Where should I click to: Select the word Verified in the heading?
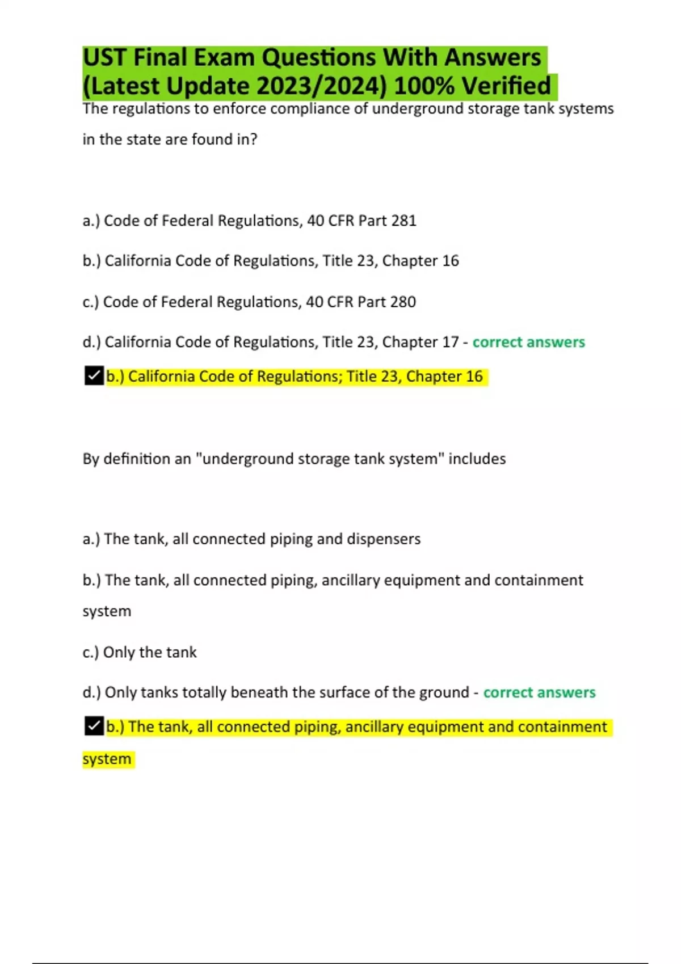click(x=506, y=86)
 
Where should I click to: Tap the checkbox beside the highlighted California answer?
click(x=94, y=375)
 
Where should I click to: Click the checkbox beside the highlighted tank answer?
click(x=94, y=726)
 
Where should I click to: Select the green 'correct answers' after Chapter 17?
click(x=528, y=342)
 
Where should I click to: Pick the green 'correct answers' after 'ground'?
click(x=539, y=692)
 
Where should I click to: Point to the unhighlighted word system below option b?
click(x=107, y=611)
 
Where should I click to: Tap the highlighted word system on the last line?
click(x=107, y=759)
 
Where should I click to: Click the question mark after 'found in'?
click(x=253, y=139)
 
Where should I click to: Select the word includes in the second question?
click(x=477, y=458)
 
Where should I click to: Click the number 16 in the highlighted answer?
click(x=474, y=376)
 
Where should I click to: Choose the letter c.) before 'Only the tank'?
click(x=91, y=652)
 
